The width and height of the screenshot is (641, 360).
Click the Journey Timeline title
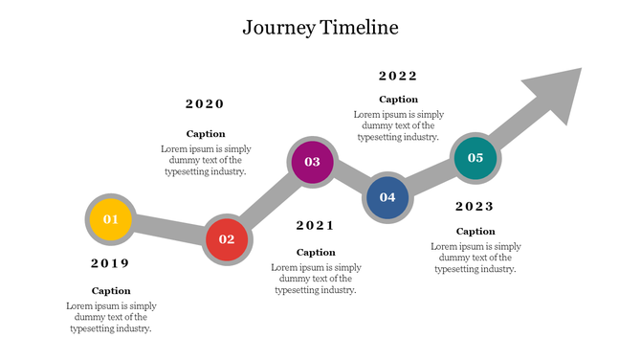tap(320, 28)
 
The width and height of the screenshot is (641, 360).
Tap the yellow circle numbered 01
tap(111, 219)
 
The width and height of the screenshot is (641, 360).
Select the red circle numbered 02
tap(227, 239)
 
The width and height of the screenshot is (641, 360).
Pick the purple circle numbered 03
tap(312, 162)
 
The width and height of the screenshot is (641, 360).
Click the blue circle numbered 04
tap(387, 197)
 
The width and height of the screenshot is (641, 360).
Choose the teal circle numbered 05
tap(475, 158)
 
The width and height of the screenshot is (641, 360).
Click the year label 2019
tap(110, 263)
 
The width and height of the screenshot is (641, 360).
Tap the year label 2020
tap(205, 104)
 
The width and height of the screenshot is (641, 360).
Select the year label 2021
tap(316, 226)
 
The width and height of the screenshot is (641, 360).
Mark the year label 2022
tap(398, 77)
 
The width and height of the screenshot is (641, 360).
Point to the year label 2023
tap(475, 206)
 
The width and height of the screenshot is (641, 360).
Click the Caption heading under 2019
tap(111, 290)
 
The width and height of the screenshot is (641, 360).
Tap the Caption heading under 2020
tap(206, 134)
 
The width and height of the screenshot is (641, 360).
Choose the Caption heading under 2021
tap(316, 252)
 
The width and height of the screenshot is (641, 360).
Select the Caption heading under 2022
tap(398, 99)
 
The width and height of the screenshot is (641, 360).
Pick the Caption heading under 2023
tap(475, 231)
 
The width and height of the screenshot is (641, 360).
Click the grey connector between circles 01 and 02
tap(168, 229)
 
